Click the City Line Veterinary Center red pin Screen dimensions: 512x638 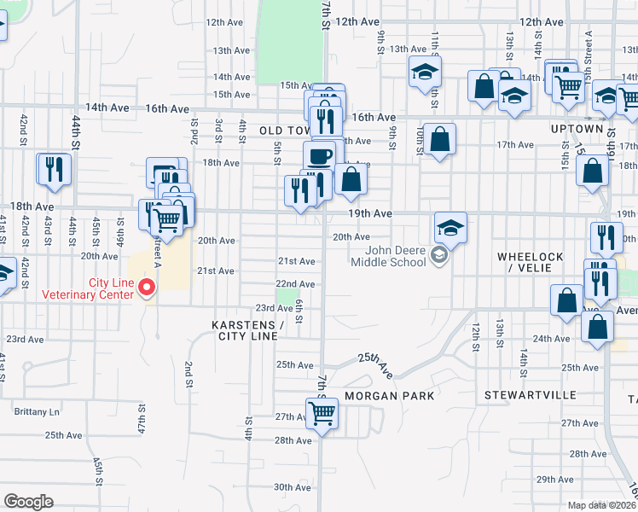pyautogui.click(x=146, y=288)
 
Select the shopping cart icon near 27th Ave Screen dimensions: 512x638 pyautogui.click(x=322, y=414)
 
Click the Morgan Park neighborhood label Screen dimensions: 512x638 pyautogui.click(x=390, y=396)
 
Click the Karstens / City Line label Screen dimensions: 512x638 pyautogui.click(x=246, y=331)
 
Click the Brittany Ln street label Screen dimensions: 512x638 pyautogui.click(x=37, y=411)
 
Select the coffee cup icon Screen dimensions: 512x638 pyautogui.click(x=320, y=156)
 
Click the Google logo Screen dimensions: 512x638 pyautogui.click(x=28, y=502)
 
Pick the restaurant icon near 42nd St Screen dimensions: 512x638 pyautogui.click(x=54, y=168)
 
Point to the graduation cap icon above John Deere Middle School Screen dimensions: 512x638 pyautogui.click(x=450, y=227)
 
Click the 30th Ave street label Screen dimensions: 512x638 pyautogui.click(x=292, y=487)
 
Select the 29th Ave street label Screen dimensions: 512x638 pyautogui.click(x=554, y=480)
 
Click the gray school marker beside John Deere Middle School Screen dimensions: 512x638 pyautogui.click(x=439, y=255)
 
